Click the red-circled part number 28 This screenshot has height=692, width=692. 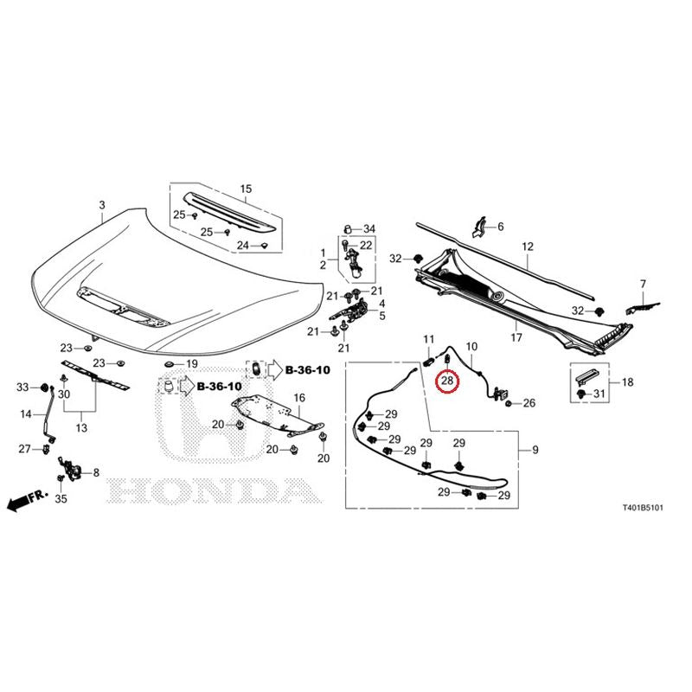pos(446,380)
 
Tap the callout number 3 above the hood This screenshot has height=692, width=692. pos(102,205)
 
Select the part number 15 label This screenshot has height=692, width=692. pos(246,189)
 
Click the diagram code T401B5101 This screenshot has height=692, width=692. pos(643,508)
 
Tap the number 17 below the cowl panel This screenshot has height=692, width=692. pos(516,337)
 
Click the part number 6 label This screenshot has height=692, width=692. pos(501,227)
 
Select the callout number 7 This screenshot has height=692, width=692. pos(643,284)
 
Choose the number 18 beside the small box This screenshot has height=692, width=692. pos(628,381)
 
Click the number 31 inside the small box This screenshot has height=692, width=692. pos(599,393)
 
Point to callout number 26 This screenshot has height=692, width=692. pos(529,403)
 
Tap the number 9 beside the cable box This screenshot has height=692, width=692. pos(535,450)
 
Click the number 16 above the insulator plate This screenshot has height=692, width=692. pos(299,398)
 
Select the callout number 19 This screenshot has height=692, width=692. pos(192,364)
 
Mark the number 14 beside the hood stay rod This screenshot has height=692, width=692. pos(26,414)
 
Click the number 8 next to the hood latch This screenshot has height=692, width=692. pos(96,472)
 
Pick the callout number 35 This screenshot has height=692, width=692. pos(61,499)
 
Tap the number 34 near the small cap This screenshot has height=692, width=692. pos(369,228)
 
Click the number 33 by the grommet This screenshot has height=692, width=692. pos(22,387)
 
